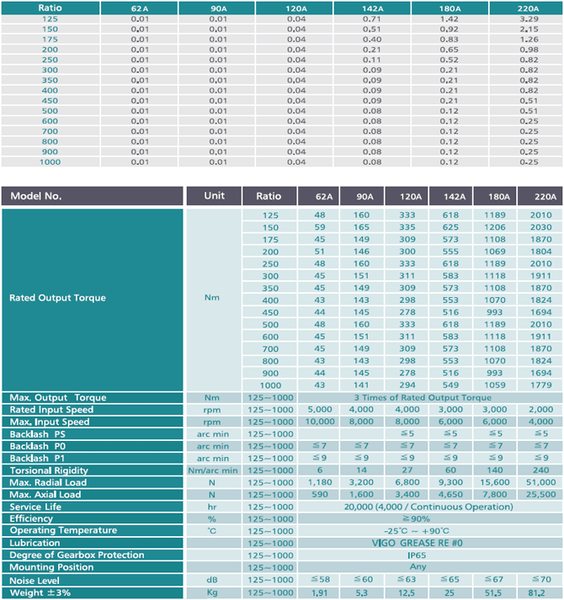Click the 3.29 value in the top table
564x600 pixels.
[x=529, y=19]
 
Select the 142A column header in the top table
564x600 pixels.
[x=373, y=8]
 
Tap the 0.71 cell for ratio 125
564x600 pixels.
[x=372, y=19]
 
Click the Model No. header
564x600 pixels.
[x=36, y=196]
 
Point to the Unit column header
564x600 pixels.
[x=214, y=195]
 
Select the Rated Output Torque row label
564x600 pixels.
[x=57, y=298]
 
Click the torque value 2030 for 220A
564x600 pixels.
[x=540, y=227]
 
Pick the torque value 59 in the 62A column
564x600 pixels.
[x=319, y=227]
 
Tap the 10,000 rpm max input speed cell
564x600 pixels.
[x=320, y=422]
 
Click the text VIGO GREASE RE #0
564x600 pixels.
[x=417, y=543]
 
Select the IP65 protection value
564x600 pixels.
[x=417, y=555]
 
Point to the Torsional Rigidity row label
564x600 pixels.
[x=49, y=470]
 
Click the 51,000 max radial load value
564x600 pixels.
[x=540, y=482]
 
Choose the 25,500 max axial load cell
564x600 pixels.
[x=540, y=494]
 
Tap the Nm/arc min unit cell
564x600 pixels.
[x=212, y=470]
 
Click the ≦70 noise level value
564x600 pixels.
[x=540, y=579]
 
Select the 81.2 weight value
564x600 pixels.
[x=537, y=592]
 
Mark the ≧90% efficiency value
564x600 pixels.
[x=416, y=519]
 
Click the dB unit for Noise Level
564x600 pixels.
[x=212, y=580]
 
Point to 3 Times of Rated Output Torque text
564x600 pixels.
[x=423, y=397]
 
